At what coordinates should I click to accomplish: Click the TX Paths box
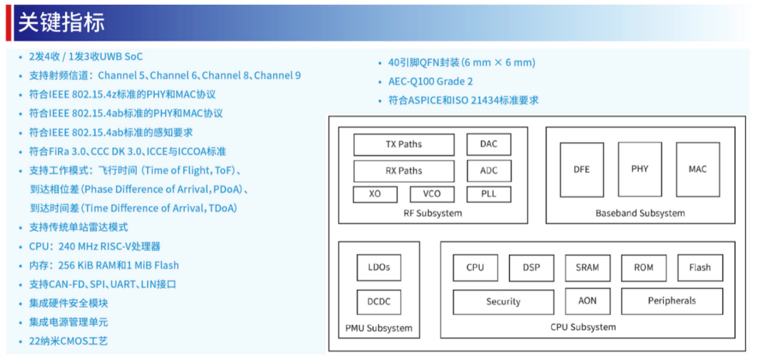[x=404, y=145]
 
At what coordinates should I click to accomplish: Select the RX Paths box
[x=404, y=171]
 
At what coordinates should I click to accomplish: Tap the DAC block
[x=488, y=145]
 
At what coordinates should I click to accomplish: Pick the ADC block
[x=488, y=171]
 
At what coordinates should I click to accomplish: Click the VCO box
[x=432, y=194]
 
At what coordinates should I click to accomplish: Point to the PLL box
[x=488, y=194]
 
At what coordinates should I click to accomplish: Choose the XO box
[x=375, y=194]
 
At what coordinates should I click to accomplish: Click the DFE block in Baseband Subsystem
[x=582, y=169]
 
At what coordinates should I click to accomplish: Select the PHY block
[x=639, y=169]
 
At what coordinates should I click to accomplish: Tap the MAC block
[x=698, y=169]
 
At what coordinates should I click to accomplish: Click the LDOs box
[x=379, y=267]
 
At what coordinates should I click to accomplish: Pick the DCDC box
[x=379, y=302]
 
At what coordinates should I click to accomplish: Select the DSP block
[x=531, y=267]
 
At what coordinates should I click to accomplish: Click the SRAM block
[x=587, y=267]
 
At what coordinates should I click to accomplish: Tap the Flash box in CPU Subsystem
[x=700, y=267]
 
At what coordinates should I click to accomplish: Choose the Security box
[x=503, y=302]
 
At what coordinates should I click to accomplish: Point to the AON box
[x=587, y=301]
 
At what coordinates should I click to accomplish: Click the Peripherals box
[x=672, y=301]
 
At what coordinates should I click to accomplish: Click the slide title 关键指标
[x=61, y=22]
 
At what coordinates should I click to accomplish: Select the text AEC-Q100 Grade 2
[x=430, y=81]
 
